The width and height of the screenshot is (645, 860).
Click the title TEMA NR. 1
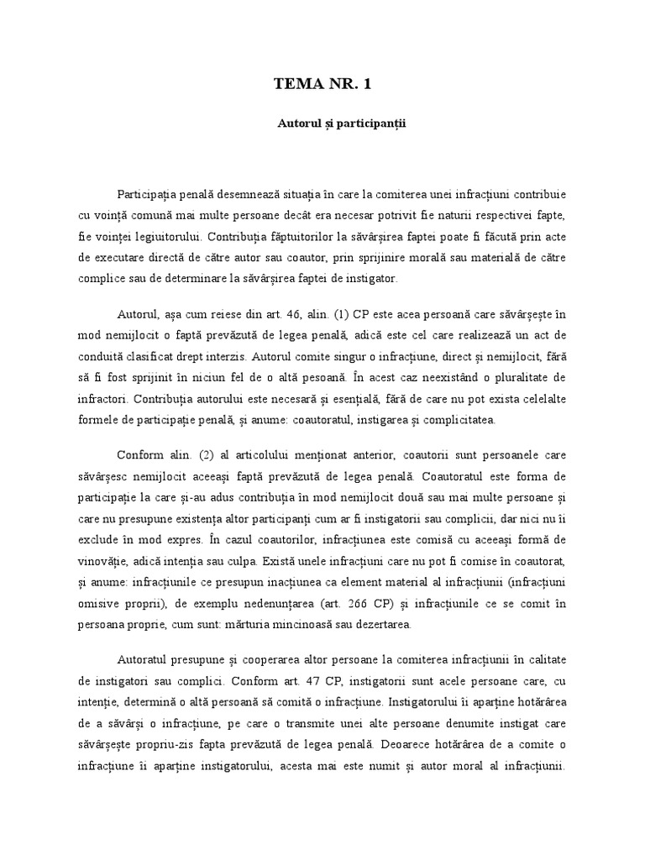click(x=322, y=83)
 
